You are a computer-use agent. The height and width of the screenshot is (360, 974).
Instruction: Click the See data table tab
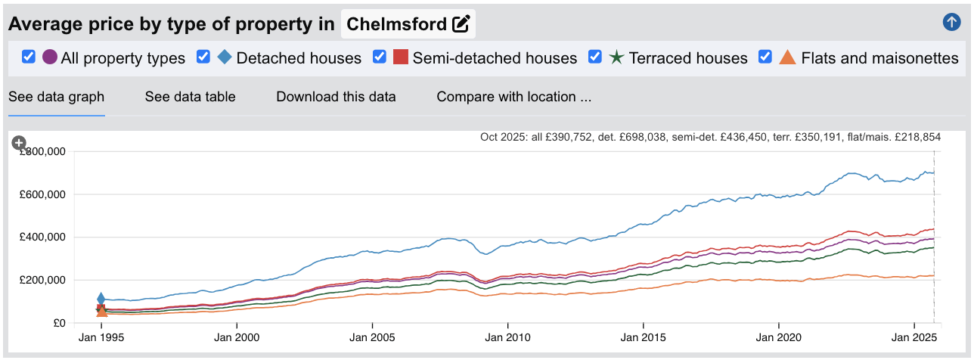pos(190,97)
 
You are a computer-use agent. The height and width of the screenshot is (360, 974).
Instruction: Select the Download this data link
pos(336,97)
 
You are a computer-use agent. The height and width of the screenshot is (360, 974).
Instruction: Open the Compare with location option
pos(513,97)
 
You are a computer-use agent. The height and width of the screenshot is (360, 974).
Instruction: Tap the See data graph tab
pos(56,97)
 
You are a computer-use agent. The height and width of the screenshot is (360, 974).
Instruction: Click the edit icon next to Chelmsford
pos(461,24)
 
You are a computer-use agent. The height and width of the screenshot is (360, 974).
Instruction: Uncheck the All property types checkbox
pos(29,57)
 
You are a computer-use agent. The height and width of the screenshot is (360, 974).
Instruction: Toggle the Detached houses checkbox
pos(203,57)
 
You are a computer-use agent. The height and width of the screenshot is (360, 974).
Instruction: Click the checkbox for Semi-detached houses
pos(380,57)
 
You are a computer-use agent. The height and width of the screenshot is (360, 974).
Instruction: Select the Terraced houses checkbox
pos(595,57)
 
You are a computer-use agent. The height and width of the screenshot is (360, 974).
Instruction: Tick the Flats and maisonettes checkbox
pos(765,57)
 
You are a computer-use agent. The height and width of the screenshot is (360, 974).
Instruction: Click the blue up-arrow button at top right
pos(951,22)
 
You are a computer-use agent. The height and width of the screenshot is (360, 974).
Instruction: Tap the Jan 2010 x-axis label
pos(508,337)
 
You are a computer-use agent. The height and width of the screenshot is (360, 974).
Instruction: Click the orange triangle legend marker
pos(787,57)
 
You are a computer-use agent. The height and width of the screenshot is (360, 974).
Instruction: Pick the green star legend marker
pos(616,57)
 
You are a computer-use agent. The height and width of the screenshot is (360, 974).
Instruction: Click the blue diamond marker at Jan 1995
pos(101,299)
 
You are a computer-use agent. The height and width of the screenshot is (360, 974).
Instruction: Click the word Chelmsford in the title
pos(397,24)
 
